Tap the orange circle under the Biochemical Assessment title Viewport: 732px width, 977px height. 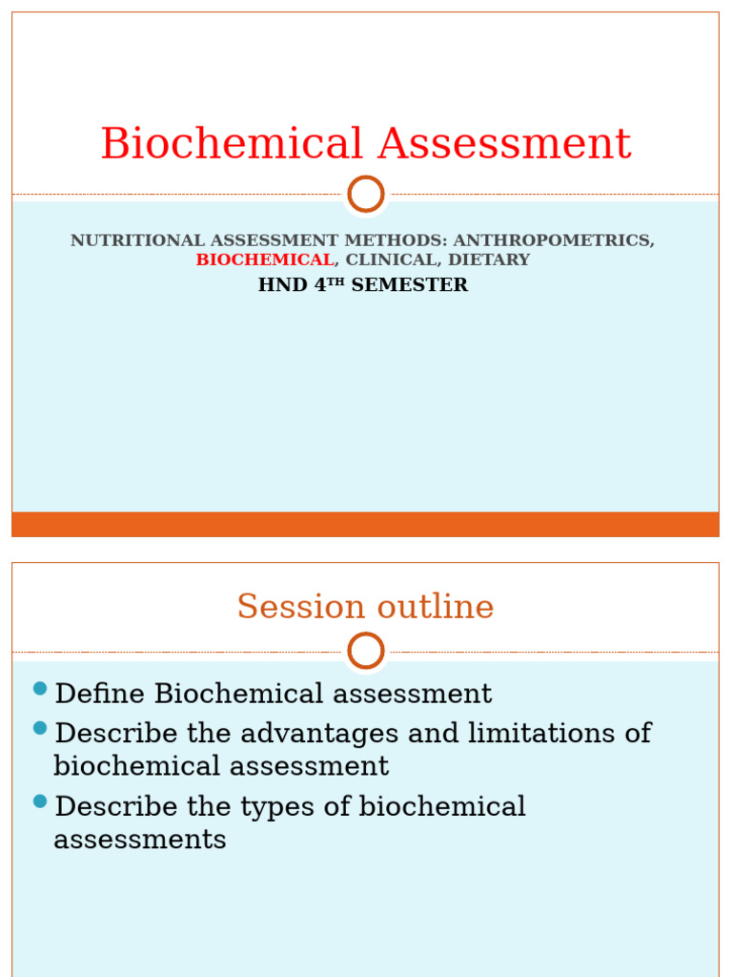(366, 195)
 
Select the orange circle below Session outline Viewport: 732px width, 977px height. (366, 652)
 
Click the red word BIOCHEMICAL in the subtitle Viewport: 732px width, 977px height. (265, 260)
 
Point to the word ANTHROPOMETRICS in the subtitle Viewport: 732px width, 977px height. (554, 240)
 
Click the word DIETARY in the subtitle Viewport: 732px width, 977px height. (489, 260)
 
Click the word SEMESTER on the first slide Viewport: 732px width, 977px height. (410, 285)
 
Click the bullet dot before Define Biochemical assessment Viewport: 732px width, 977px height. (40, 689)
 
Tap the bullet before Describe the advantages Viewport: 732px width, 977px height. (40, 728)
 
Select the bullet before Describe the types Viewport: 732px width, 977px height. (40, 801)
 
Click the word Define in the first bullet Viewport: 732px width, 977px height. (101, 694)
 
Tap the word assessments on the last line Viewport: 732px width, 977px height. (140, 840)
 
